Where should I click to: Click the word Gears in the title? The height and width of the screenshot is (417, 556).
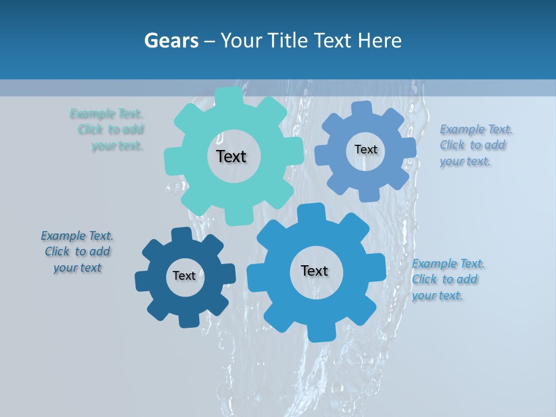pos(171,41)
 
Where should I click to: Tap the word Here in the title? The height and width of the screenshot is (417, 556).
pos(380,41)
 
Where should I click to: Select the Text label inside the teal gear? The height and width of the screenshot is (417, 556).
pos(231,156)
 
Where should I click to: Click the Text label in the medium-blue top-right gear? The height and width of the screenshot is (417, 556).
pos(365,149)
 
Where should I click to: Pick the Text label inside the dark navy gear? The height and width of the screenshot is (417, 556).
pos(184,276)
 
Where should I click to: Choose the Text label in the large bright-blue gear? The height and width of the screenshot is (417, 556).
pos(314,270)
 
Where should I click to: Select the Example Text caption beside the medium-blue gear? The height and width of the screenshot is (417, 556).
pos(475,145)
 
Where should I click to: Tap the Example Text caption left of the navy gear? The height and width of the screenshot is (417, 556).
pos(77,252)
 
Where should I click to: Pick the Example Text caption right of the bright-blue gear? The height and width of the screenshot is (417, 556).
pos(447,279)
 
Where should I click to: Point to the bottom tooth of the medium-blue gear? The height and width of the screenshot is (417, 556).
pos(369,193)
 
